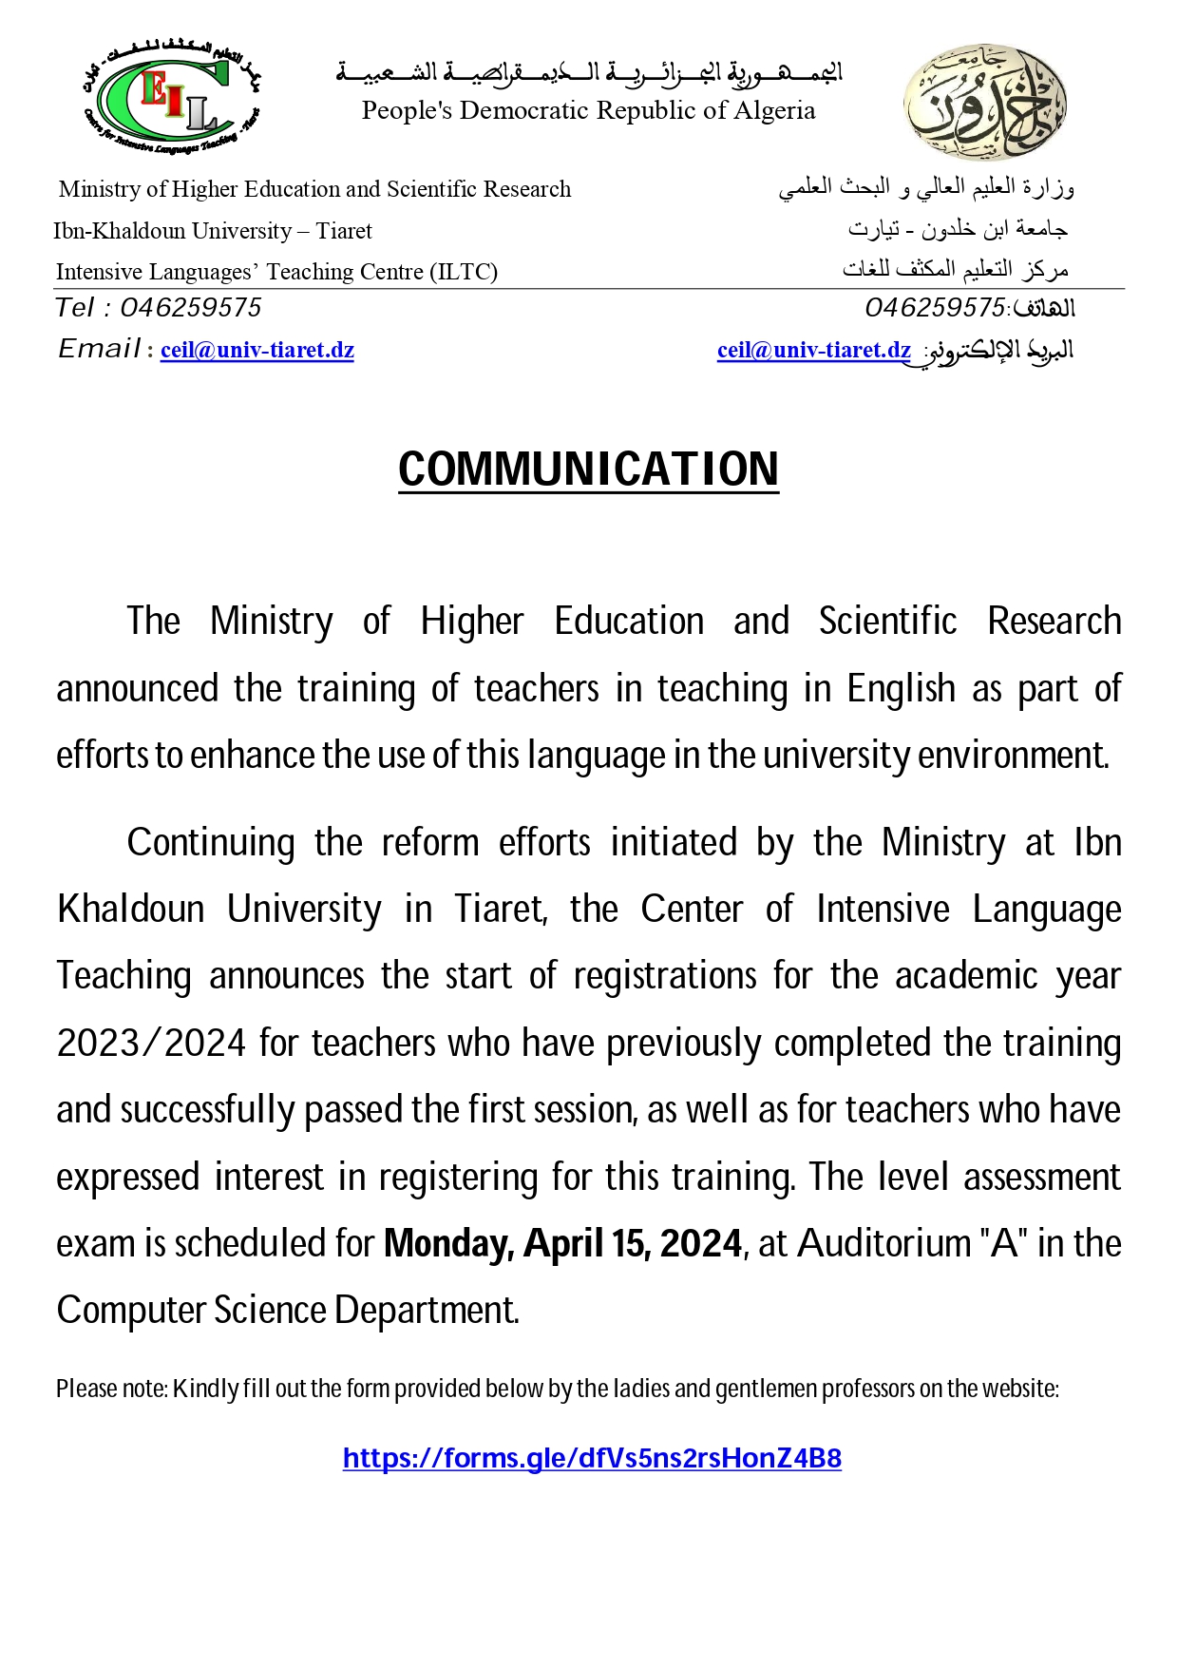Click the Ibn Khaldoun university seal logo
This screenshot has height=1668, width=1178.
tap(984, 102)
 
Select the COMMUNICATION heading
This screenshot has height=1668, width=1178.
tap(588, 470)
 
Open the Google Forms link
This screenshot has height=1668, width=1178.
tap(592, 1458)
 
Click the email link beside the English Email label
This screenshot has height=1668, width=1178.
tap(257, 350)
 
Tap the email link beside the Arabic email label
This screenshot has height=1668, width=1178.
tap(814, 350)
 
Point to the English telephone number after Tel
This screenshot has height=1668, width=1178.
tap(191, 308)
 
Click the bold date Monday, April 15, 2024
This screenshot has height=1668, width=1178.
tap(562, 1243)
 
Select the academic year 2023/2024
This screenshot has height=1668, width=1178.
tap(152, 1044)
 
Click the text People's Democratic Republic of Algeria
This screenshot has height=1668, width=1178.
tap(588, 110)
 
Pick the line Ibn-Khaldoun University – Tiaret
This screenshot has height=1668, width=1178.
tap(213, 231)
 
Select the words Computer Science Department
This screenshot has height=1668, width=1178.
tap(288, 1311)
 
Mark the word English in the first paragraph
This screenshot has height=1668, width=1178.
tap(902, 689)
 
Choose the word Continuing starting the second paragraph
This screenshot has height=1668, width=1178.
tap(211, 843)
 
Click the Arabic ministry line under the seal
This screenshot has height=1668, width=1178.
tap(926, 188)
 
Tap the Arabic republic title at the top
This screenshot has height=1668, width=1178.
tap(589, 72)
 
